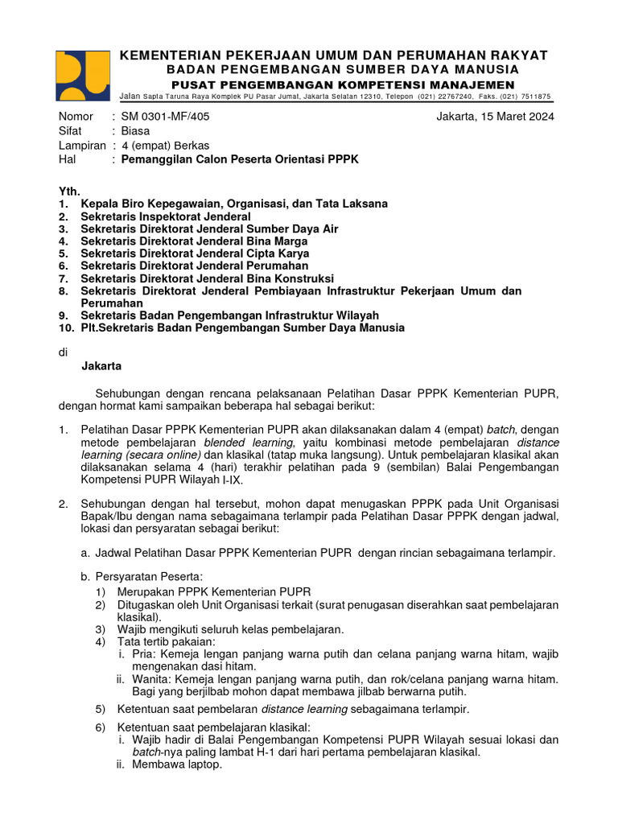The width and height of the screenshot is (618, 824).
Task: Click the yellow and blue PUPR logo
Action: (x=82, y=76)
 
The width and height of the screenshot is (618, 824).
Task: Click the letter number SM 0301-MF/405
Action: (x=164, y=117)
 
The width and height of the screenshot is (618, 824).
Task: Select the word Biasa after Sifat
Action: (x=134, y=131)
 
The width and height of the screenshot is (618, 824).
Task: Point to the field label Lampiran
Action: (x=82, y=146)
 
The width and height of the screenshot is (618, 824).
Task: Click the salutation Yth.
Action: (x=70, y=192)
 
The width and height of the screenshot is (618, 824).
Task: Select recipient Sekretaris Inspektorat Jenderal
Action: (x=165, y=216)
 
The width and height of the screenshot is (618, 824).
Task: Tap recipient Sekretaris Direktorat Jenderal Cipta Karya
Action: (x=195, y=253)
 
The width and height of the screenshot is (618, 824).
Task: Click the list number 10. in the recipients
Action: (x=66, y=328)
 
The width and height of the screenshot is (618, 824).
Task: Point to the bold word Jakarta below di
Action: (x=101, y=366)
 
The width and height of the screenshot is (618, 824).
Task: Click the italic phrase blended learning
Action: (x=249, y=443)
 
